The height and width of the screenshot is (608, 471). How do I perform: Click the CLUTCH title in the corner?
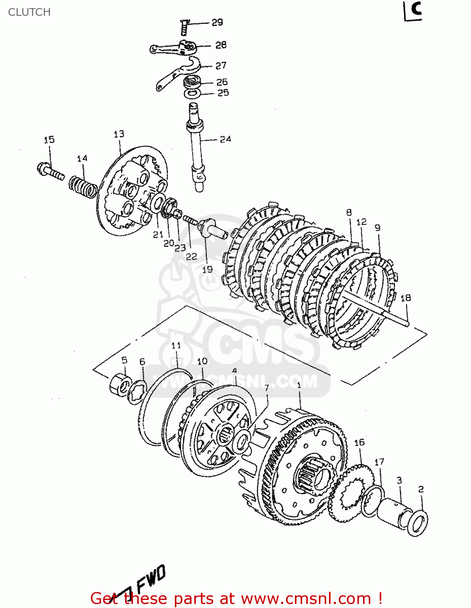(x=29, y=12)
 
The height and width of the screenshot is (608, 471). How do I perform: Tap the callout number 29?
(x=217, y=22)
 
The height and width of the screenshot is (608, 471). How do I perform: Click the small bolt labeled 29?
(x=184, y=27)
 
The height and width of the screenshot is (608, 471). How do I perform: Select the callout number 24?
(x=225, y=139)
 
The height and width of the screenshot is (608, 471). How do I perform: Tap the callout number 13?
(x=119, y=134)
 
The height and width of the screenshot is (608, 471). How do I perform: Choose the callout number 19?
(x=207, y=269)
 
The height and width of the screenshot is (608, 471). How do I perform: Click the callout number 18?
(x=406, y=298)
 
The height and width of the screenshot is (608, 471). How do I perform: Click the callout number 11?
(x=176, y=345)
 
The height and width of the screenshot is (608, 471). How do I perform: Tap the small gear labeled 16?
(x=351, y=492)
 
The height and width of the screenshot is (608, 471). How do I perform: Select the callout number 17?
(x=379, y=462)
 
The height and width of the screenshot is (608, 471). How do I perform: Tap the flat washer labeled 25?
(x=192, y=94)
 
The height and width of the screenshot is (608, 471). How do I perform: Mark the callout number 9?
(x=378, y=228)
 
